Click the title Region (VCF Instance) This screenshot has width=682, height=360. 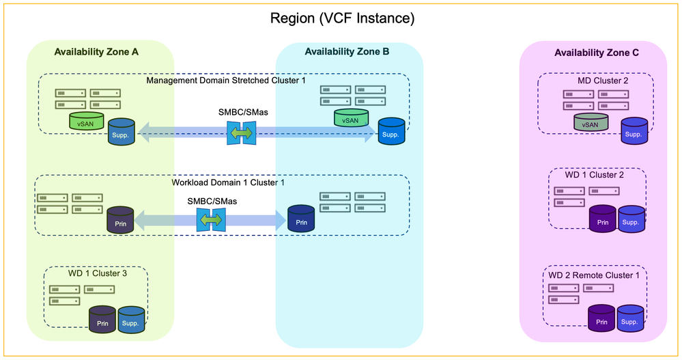point(341,18)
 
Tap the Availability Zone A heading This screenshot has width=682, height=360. point(98,52)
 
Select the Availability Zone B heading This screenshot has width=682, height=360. point(347,52)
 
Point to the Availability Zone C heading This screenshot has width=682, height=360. point(597,53)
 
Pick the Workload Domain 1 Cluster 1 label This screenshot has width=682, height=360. point(227,182)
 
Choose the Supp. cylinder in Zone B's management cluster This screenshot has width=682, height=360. point(391,132)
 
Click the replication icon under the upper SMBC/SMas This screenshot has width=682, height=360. point(241,133)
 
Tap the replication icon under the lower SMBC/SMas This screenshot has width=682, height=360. point(210,220)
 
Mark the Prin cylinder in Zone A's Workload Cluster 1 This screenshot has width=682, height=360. point(120,220)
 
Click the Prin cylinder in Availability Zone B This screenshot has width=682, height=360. point(302,220)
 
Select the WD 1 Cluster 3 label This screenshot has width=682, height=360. point(98,273)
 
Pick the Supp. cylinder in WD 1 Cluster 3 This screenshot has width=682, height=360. point(131,320)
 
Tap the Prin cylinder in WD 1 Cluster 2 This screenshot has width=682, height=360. point(603,220)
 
